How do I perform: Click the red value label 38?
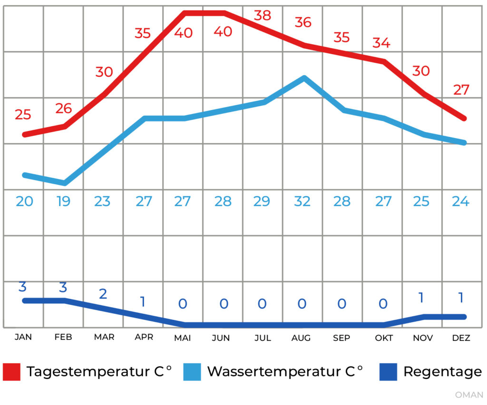click(262, 16)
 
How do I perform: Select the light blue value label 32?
click(302, 201)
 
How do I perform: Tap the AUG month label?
click(301, 338)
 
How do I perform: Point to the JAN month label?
click(23, 338)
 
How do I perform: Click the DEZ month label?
click(461, 338)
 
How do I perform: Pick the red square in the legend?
click(11, 372)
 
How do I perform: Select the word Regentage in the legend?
click(442, 372)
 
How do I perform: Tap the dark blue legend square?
click(388, 372)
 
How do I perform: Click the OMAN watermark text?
click(469, 395)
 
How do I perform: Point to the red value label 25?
click(23, 114)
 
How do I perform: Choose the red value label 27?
click(461, 90)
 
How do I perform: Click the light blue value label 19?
click(63, 201)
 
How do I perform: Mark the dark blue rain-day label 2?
click(103, 293)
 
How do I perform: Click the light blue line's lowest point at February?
click(64, 183)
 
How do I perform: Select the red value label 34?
click(381, 43)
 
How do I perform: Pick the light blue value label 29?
click(262, 201)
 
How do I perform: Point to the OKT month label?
click(384, 338)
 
